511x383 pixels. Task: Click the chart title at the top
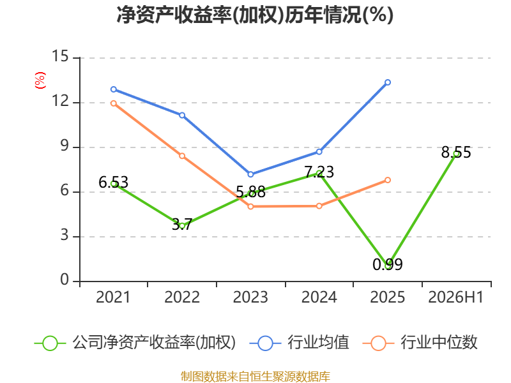(x=255, y=15)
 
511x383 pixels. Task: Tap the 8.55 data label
(x=456, y=153)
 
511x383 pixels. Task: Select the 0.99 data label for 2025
(x=388, y=264)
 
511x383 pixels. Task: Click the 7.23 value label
(x=319, y=172)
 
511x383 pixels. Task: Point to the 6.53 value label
(x=114, y=183)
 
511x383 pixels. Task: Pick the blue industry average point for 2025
(x=388, y=82)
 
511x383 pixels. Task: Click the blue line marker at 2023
(x=250, y=174)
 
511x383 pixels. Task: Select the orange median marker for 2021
(x=114, y=103)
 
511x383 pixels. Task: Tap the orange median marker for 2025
(x=388, y=180)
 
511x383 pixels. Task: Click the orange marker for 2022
(x=182, y=156)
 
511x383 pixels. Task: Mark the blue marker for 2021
(x=114, y=89)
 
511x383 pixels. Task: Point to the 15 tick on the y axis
(x=60, y=56)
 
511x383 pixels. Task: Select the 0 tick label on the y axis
(x=65, y=280)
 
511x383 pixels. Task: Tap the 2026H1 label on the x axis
(x=455, y=297)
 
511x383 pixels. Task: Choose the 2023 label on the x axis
(x=250, y=297)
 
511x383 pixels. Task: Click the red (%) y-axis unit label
(x=40, y=80)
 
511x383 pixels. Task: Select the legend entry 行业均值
(x=299, y=343)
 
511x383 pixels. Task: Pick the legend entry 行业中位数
(x=420, y=343)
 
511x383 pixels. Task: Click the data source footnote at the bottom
(x=256, y=376)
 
